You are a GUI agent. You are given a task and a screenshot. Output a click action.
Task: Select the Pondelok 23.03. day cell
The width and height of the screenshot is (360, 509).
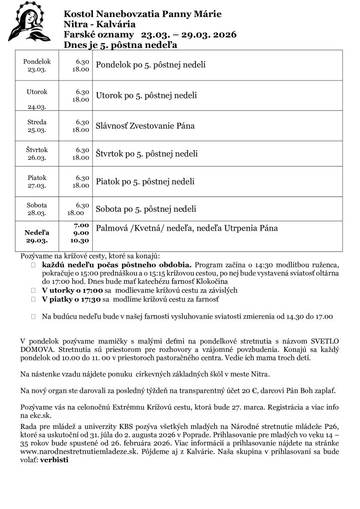37,65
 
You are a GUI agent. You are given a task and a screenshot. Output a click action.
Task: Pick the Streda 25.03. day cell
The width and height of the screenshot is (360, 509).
37,126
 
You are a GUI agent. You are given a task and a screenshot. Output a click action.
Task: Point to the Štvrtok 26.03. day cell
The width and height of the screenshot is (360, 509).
37,154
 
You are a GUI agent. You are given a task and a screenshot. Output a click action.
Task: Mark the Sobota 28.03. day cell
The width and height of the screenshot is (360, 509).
37,209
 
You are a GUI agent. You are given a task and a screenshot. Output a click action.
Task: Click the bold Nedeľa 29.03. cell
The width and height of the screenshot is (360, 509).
37,236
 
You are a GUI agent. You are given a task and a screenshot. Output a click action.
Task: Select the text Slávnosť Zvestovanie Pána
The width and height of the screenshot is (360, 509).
145,126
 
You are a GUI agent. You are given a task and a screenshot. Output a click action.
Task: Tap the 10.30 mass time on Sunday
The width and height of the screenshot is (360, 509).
79,241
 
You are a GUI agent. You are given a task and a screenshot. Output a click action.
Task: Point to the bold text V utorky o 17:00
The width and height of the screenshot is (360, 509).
72,290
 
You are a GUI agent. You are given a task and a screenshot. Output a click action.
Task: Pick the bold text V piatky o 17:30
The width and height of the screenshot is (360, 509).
72,300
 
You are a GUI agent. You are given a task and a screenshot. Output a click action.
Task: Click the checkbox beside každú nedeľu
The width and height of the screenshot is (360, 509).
33,265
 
